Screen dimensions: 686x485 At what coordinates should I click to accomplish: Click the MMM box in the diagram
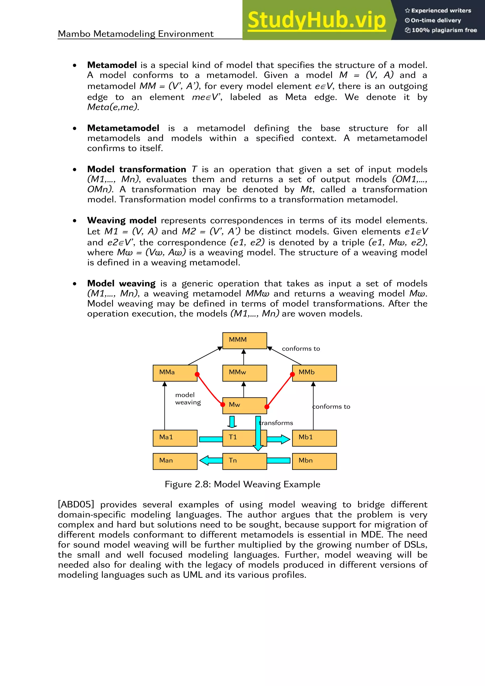click(244, 341)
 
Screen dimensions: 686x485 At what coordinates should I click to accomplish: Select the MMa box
click(175, 373)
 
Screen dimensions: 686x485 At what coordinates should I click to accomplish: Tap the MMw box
click(244, 373)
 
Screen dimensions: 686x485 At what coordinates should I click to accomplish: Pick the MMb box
click(314, 373)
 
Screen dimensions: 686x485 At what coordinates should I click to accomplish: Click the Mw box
click(244, 405)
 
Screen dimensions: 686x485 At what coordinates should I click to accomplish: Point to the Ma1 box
click(175, 438)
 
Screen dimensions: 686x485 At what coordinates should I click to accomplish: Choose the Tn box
click(244, 461)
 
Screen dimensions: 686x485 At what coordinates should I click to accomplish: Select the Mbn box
click(314, 461)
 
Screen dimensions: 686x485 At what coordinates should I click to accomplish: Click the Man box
click(175, 461)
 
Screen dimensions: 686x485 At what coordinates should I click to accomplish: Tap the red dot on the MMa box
click(197, 374)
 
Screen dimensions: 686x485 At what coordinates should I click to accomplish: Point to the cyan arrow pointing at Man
click(211, 460)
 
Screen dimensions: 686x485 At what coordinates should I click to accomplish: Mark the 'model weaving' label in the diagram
click(188, 399)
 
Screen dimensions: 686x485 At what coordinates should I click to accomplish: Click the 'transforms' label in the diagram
click(276, 423)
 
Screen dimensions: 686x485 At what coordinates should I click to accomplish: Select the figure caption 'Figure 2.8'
click(242, 484)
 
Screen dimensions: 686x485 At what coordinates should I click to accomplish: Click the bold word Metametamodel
click(123, 128)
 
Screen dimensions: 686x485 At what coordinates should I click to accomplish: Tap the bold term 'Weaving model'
click(122, 221)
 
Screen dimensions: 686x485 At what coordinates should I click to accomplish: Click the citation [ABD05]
click(76, 505)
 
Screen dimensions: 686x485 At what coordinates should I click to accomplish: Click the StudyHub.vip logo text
click(316, 20)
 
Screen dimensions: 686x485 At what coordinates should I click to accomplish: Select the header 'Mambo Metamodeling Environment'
click(136, 34)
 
